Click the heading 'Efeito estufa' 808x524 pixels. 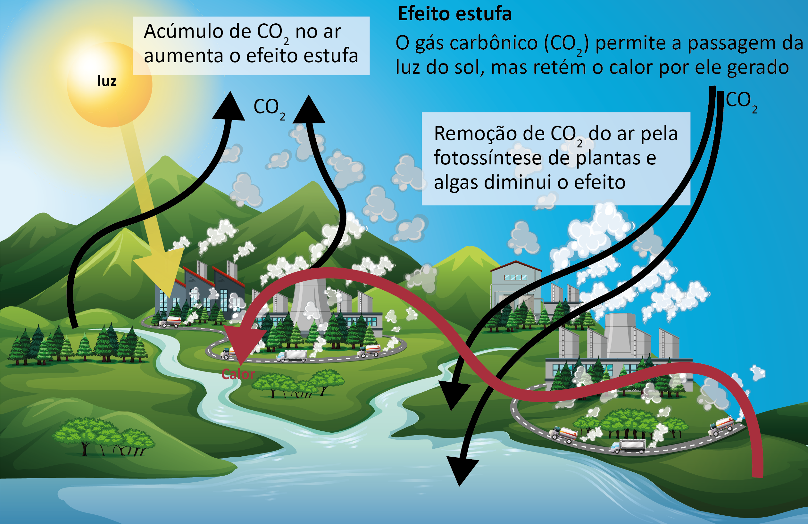click(454, 14)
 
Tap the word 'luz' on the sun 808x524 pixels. click(107, 81)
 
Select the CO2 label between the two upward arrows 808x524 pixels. click(269, 108)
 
